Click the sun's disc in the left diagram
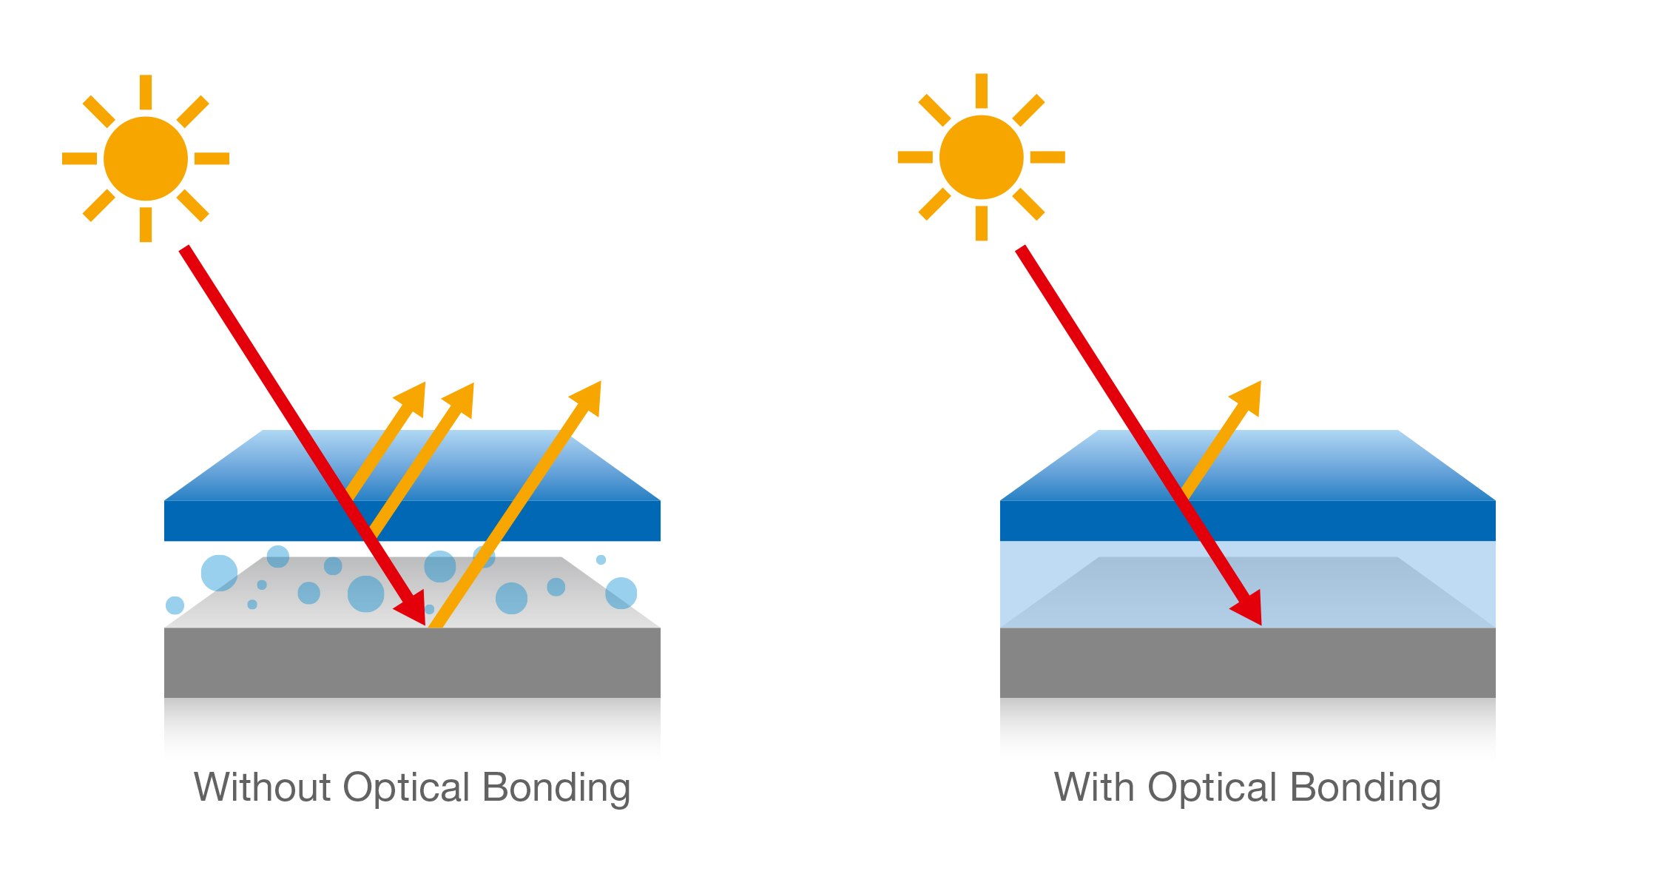pyautogui.click(x=146, y=158)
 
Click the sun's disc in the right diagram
pyautogui.click(x=981, y=157)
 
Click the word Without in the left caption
pyautogui.click(x=262, y=787)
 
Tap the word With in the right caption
pyautogui.click(x=1093, y=787)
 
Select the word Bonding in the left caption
pyautogui.click(x=556, y=788)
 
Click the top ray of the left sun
pyautogui.click(x=146, y=92)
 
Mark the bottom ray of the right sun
pyautogui.click(x=981, y=223)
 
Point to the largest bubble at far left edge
pyautogui.click(x=219, y=573)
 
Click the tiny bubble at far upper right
pyautogui.click(x=601, y=559)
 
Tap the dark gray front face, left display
pyautogui.click(x=412, y=662)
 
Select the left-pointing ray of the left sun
pyautogui.click(x=79, y=158)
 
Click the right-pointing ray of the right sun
pyautogui.click(x=1047, y=157)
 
